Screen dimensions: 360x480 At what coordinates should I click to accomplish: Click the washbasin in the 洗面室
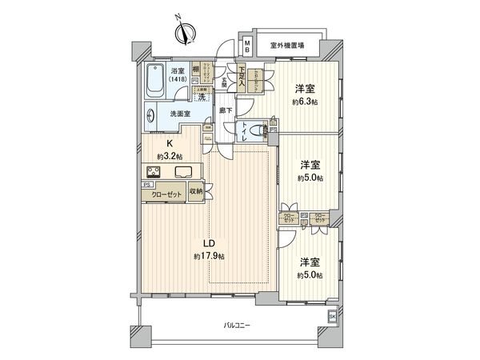152,114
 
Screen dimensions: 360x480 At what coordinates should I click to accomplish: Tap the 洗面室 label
180,114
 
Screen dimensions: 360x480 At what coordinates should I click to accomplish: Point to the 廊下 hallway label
228,111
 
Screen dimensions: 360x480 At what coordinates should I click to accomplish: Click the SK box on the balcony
332,317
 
